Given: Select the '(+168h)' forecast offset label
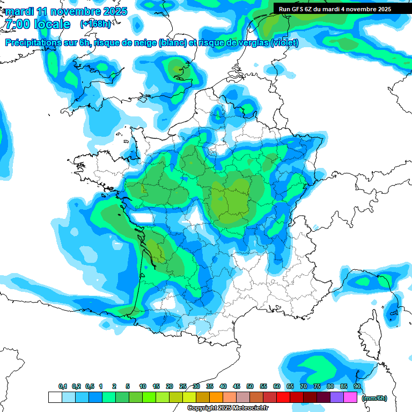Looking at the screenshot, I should [x=96, y=24].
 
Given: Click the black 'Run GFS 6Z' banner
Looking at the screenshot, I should [x=335, y=9].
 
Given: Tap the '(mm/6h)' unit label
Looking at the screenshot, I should [x=374, y=398].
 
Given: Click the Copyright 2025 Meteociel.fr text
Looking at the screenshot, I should [x=227, y=408].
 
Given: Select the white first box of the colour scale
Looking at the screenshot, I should [x=55, y=398].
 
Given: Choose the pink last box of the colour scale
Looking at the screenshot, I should [x=350, y=398].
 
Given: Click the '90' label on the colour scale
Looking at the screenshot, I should [x=357, y=387].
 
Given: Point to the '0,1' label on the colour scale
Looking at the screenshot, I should [x=63, y=387].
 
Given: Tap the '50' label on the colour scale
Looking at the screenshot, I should [x=250, y=387].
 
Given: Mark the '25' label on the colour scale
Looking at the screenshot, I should [x=183, y=387].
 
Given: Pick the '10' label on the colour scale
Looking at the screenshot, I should [x=143, y=387].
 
